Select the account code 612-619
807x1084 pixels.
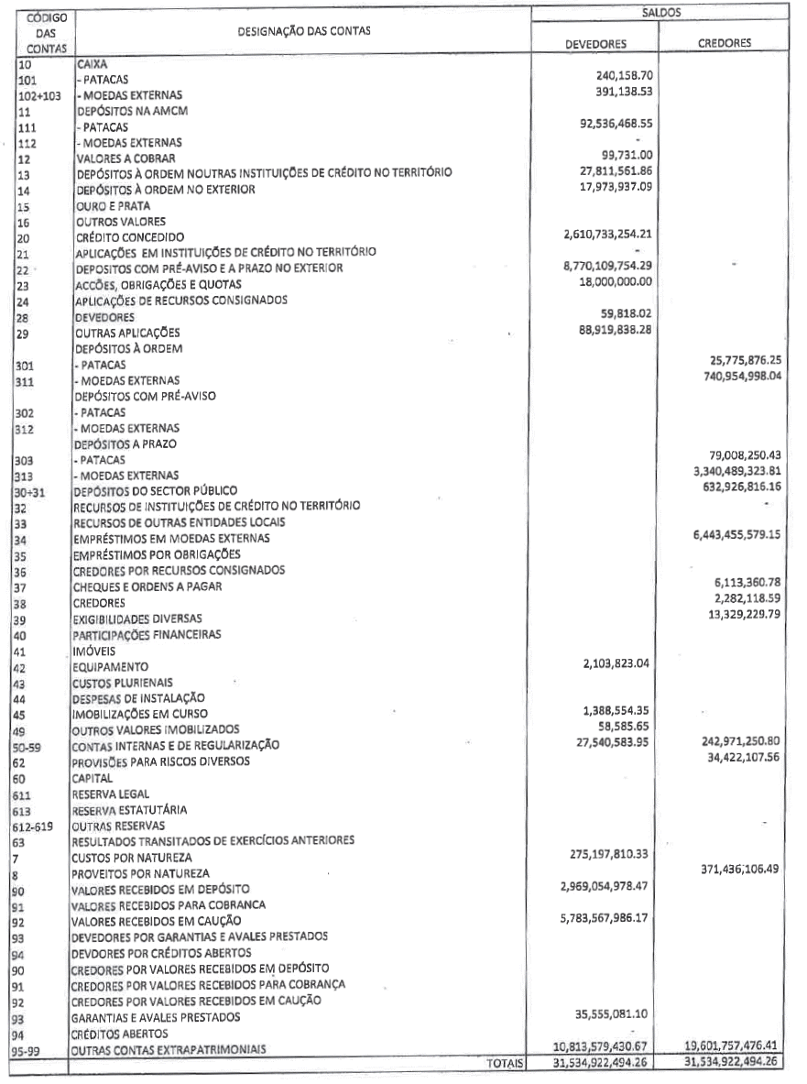coord(38,824)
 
